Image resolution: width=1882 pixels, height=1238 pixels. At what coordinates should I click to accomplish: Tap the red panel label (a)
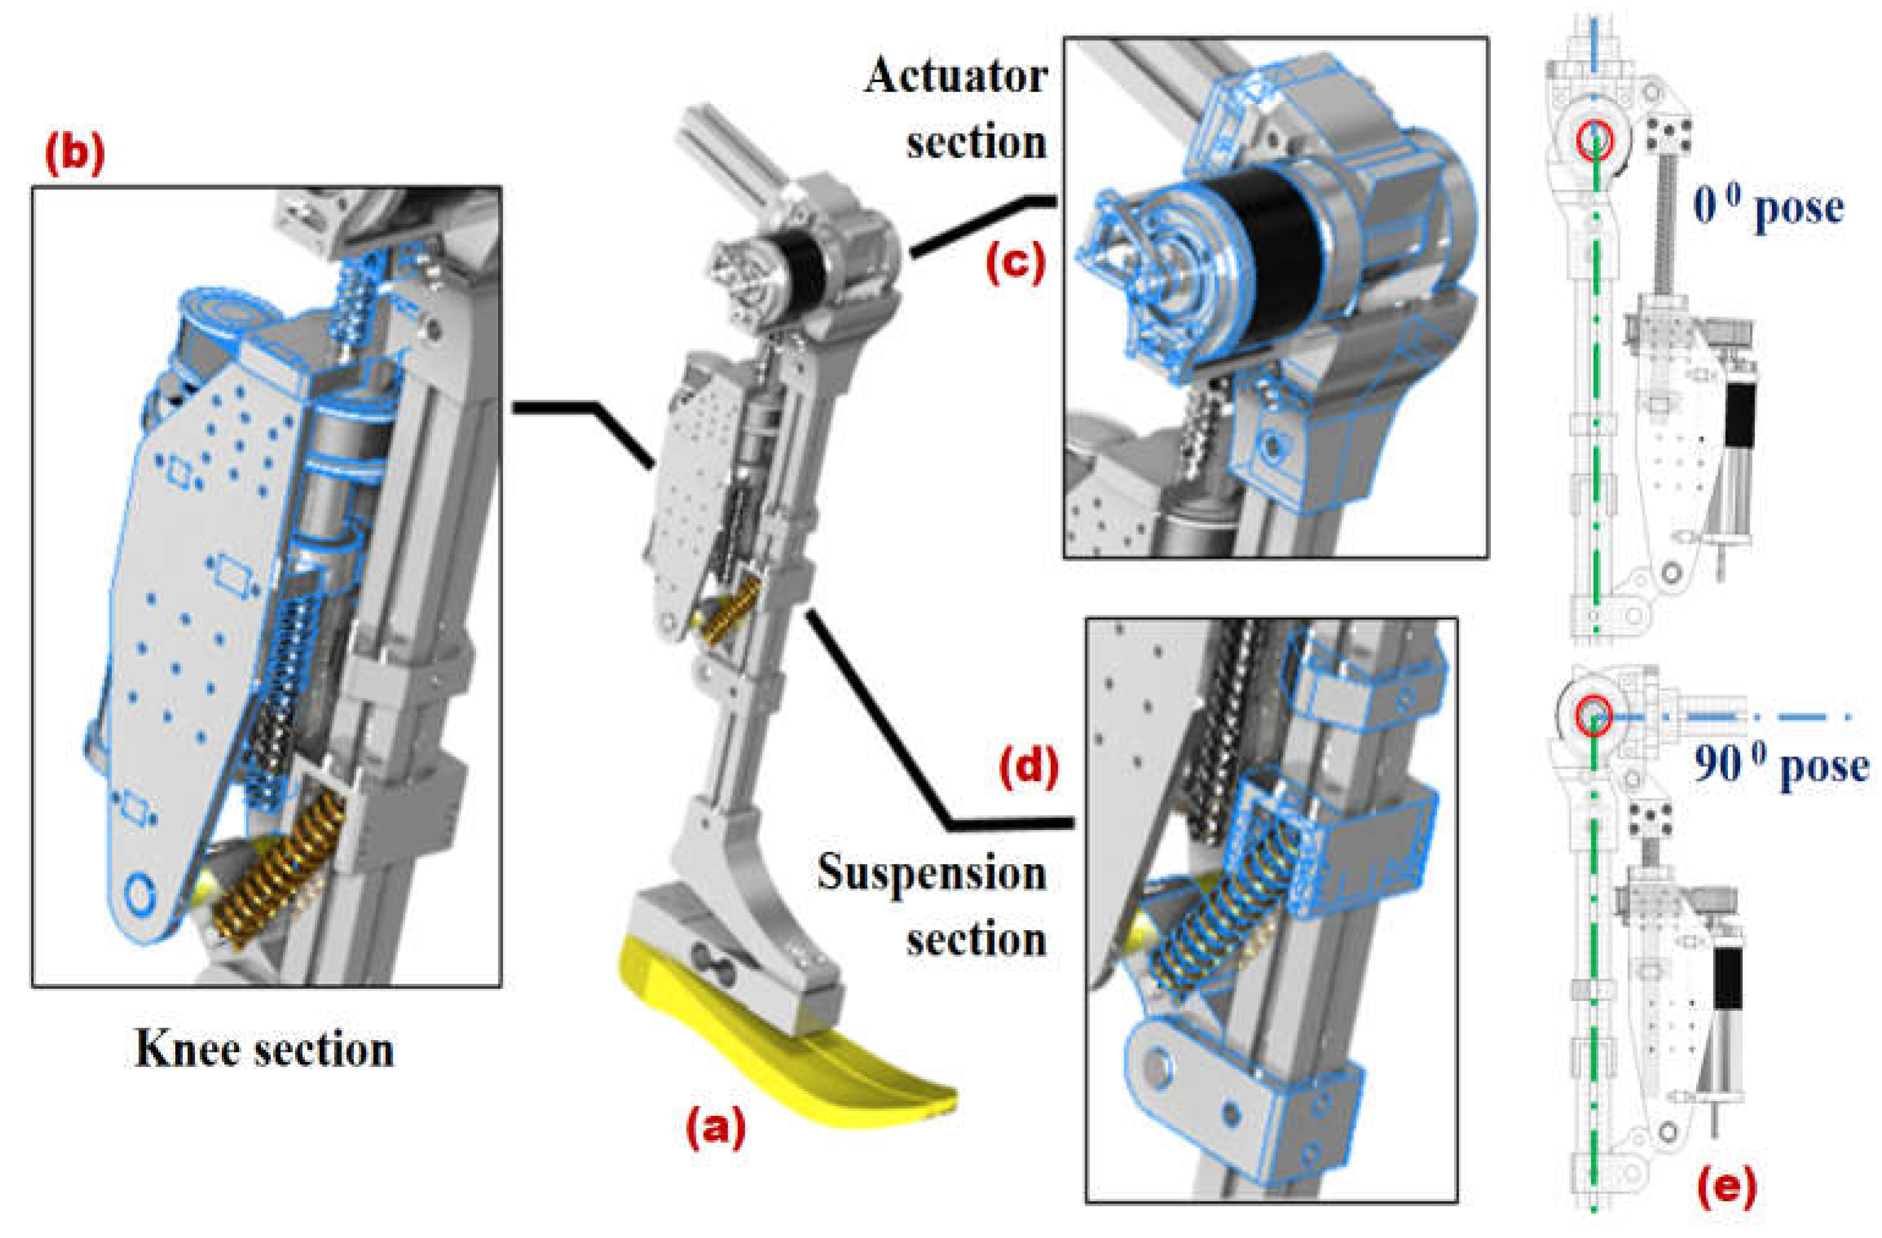click(715, 1127)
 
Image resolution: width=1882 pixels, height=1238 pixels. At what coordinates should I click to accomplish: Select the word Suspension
click(931, 874)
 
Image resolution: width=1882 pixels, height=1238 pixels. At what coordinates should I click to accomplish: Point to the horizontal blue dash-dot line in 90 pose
click(1740, 716)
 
